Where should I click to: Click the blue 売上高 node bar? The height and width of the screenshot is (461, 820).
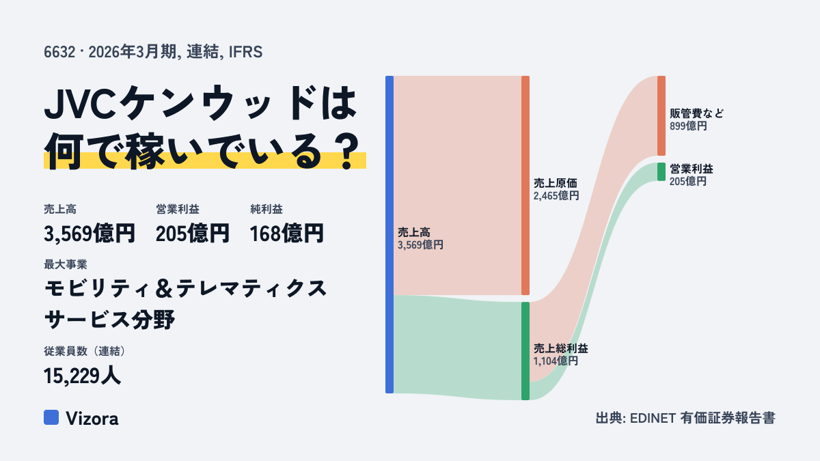tap(389, 234)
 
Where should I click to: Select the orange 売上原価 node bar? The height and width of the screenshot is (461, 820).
tap(525, 185)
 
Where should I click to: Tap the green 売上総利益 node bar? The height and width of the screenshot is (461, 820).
tap(525, 351)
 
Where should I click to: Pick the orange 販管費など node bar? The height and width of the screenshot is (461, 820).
tap(661, 115)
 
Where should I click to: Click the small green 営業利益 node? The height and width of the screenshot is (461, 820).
tap(661, 171)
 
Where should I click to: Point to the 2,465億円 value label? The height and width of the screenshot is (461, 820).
tap(556, 196)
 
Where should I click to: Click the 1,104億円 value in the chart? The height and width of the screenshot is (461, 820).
tap(556, 361)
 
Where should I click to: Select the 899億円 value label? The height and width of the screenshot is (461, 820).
tap(688, 126)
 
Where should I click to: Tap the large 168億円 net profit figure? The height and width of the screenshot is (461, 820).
tap(286, 234)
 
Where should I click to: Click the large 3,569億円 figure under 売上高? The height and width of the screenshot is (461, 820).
tap(90, 234)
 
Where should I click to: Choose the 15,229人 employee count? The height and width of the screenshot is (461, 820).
tap(82, 376)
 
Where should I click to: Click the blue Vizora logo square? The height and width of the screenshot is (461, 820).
tap(51, 417)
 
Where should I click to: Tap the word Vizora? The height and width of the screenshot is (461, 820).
tap(92, 419)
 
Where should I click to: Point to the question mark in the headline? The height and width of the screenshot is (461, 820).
tap(347, 151)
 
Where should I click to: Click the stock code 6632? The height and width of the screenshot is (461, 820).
tap(59, 52)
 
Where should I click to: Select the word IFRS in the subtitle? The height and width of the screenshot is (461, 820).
tap(245, 52)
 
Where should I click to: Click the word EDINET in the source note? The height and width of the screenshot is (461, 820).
tap(653, 418)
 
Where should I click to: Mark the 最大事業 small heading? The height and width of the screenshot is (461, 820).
tap(66, 264)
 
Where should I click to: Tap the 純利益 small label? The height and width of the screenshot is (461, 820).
tap(266, 209)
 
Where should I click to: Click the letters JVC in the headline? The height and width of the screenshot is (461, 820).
tap(80, 103)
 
